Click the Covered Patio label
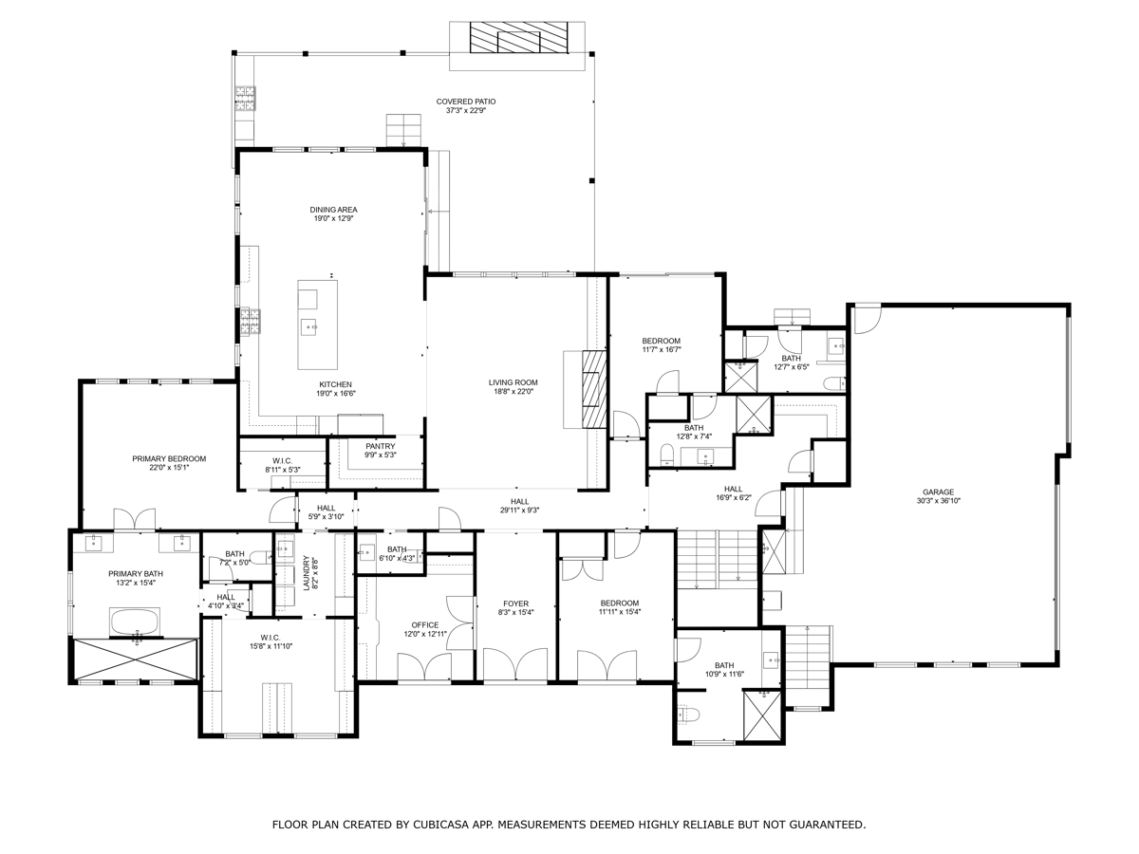click(465, 102)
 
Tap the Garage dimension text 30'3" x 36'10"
click(938, 501)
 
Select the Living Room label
click(513, 382)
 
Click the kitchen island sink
click(310, 327)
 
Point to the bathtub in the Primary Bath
click(135, 622)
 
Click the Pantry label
click(380, 446)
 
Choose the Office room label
click(425, 624)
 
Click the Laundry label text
click(307, 573)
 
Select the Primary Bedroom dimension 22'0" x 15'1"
click(169, 468)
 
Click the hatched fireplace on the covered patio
click(518, 37)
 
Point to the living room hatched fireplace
click(594, 389)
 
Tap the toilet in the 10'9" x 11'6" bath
click(688, 715)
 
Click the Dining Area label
click(334, 210)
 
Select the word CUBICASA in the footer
click(440, 825)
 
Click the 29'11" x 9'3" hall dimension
click(519, 511)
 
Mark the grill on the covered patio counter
click(245, 99)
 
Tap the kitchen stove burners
click(251, 322)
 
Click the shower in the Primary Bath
click(136, 659)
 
